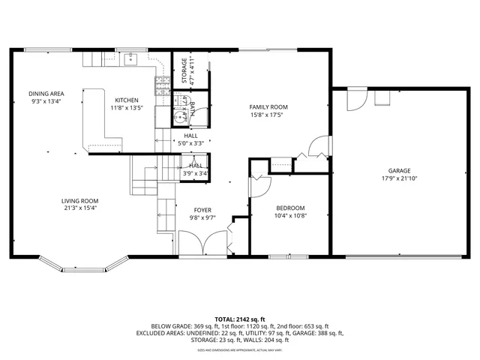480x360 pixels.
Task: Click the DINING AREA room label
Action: tap(45, 94)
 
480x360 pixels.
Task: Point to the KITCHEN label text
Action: tap(126, 100)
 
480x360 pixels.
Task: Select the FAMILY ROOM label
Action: tap(268, 107)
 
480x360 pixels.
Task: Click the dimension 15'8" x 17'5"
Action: tap(268, 115)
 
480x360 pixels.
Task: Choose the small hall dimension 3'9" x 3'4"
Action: tap(196, 174)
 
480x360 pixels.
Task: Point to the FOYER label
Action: tap(202, 211)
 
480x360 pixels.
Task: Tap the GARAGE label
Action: tap(398, 170)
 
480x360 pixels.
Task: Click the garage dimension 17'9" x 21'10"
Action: tap(398, 178)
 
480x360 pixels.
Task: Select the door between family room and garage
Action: tap(320, 145)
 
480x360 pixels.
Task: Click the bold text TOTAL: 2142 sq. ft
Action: tap(240, 319)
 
